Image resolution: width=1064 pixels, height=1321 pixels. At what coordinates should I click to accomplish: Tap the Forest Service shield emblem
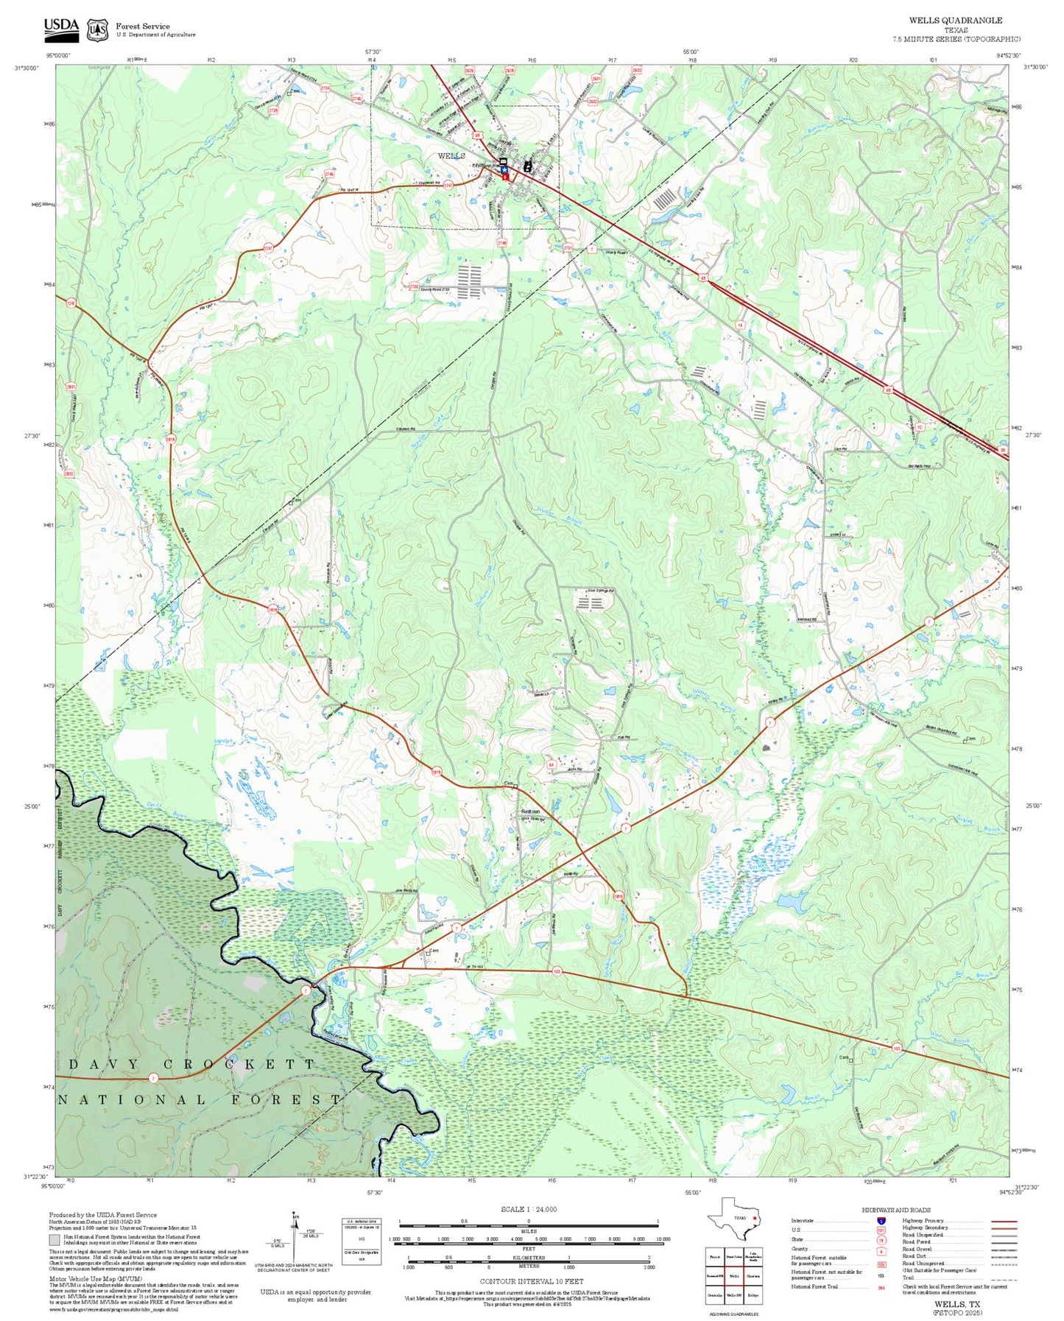pos(96,29)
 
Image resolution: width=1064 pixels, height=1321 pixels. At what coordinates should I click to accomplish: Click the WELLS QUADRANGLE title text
pos(955,20)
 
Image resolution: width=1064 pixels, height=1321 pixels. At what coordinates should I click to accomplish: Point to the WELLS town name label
pos(451,156)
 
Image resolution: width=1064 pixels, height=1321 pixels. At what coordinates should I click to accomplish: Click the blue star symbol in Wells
pos(504,169)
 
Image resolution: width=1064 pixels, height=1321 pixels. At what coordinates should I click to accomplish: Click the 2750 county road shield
pos(414,286)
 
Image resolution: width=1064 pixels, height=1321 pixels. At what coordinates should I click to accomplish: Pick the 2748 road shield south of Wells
pos(502,242)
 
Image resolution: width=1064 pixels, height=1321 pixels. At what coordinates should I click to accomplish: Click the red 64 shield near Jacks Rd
pos(550,765)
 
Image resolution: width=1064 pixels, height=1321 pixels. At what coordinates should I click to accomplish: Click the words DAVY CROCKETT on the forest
pos(191,1064)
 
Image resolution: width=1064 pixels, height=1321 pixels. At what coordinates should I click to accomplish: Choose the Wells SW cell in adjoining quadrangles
pos(733,1294)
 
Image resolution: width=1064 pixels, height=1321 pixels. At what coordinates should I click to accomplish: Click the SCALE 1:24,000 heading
pos(528,1209)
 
